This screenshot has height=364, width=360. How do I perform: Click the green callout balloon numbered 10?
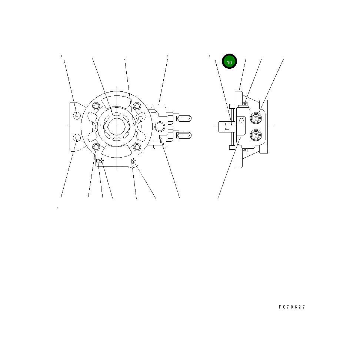229,61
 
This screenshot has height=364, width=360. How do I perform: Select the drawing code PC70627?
292,307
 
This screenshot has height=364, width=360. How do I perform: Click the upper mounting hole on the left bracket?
77,115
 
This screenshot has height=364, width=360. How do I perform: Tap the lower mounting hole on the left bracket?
77,138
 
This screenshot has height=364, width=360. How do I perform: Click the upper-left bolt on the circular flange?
96,107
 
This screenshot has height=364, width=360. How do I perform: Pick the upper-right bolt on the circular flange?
137,107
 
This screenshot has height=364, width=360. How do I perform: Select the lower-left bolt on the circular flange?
96,147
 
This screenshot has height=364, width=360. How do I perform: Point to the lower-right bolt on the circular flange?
137,147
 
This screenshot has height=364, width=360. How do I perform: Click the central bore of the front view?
117,127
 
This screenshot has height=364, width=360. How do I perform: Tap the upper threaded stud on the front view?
184,118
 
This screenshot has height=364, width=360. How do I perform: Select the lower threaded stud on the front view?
184,135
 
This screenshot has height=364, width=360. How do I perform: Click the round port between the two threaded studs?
160,127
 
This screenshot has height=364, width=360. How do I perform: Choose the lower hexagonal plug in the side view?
256,135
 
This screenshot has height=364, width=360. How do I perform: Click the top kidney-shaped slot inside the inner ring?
117,114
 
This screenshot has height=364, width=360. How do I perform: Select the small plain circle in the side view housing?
241,120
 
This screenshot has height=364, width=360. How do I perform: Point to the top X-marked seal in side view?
244,104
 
